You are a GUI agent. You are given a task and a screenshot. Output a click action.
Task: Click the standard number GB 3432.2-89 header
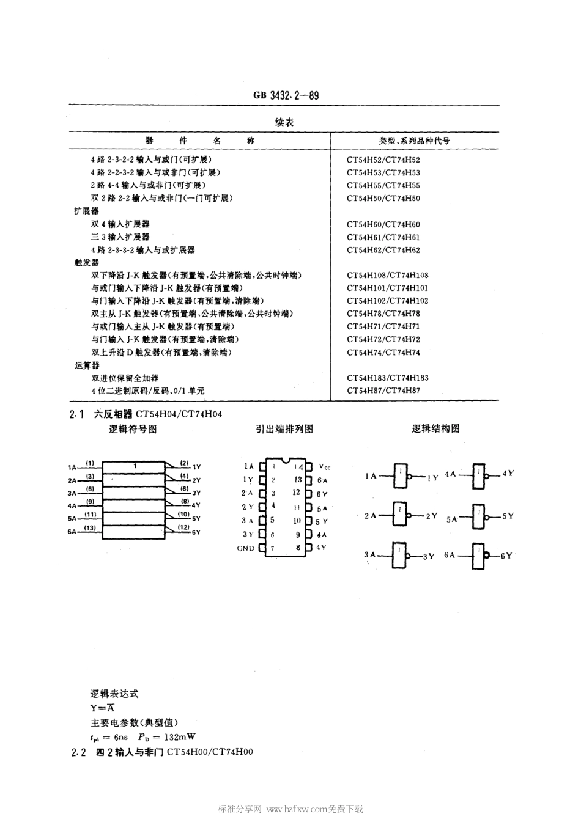[286, 95]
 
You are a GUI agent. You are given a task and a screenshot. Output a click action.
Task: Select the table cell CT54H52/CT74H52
[383, 160]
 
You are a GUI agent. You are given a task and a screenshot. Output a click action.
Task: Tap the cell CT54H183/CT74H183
[387, 378]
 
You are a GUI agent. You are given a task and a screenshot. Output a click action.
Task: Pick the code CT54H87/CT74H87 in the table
[383, 391]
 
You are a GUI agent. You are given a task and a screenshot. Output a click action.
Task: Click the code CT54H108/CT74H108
[387, 276]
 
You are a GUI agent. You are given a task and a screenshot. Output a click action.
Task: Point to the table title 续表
[284, 122]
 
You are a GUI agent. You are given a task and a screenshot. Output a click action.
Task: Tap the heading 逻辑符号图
[133, 429]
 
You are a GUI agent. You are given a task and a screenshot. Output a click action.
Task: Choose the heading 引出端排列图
[284, 429]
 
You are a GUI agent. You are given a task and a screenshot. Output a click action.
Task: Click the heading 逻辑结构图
[435, 429]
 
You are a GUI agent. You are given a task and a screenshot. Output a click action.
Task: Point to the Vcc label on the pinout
[324, 466]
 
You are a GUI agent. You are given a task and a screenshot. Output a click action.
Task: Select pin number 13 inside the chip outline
[298, 480]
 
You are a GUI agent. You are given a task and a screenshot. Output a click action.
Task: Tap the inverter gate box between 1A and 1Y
[400, 476]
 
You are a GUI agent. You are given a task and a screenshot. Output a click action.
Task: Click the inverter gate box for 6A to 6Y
[478, 555]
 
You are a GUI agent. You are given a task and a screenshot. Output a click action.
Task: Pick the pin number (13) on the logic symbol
[91, 527]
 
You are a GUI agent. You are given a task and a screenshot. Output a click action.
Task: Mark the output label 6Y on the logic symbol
[196, 532]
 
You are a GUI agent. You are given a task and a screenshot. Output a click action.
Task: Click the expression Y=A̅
[102, 708]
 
